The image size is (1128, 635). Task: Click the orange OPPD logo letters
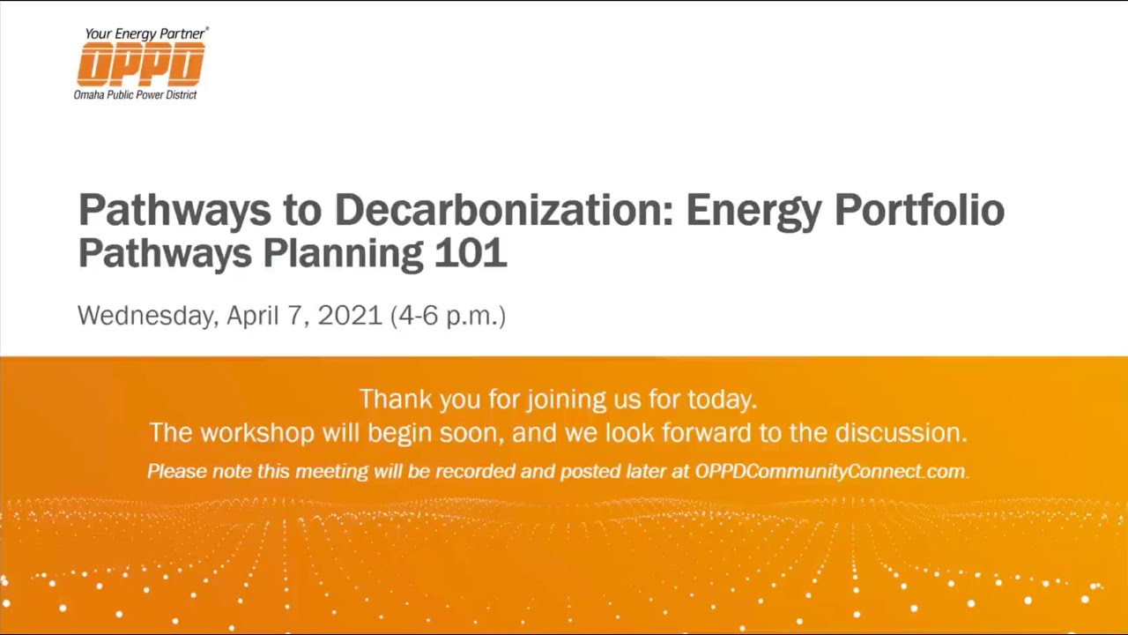click(x=141, y=64)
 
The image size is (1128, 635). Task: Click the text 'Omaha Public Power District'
click(x=136, y=94)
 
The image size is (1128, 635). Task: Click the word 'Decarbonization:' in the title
click(x=503, y=211)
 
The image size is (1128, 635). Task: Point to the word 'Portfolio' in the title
click(x=919, y=211)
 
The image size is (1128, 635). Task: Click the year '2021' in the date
click(x=350, y=315)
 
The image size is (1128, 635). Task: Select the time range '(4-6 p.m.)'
click(x=448, y=316)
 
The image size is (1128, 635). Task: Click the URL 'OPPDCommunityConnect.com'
click(x=831, y=472)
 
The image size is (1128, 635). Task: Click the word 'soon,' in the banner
click(x=478, y=433)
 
